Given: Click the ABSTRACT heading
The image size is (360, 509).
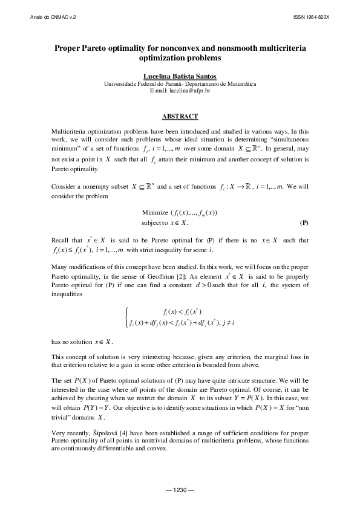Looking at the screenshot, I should [180, 115].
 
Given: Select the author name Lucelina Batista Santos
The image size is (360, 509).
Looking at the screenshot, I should [180, 76].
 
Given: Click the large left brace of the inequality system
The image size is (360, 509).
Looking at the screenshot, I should [125, 317].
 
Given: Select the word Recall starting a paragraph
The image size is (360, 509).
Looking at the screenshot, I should [62, 241].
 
